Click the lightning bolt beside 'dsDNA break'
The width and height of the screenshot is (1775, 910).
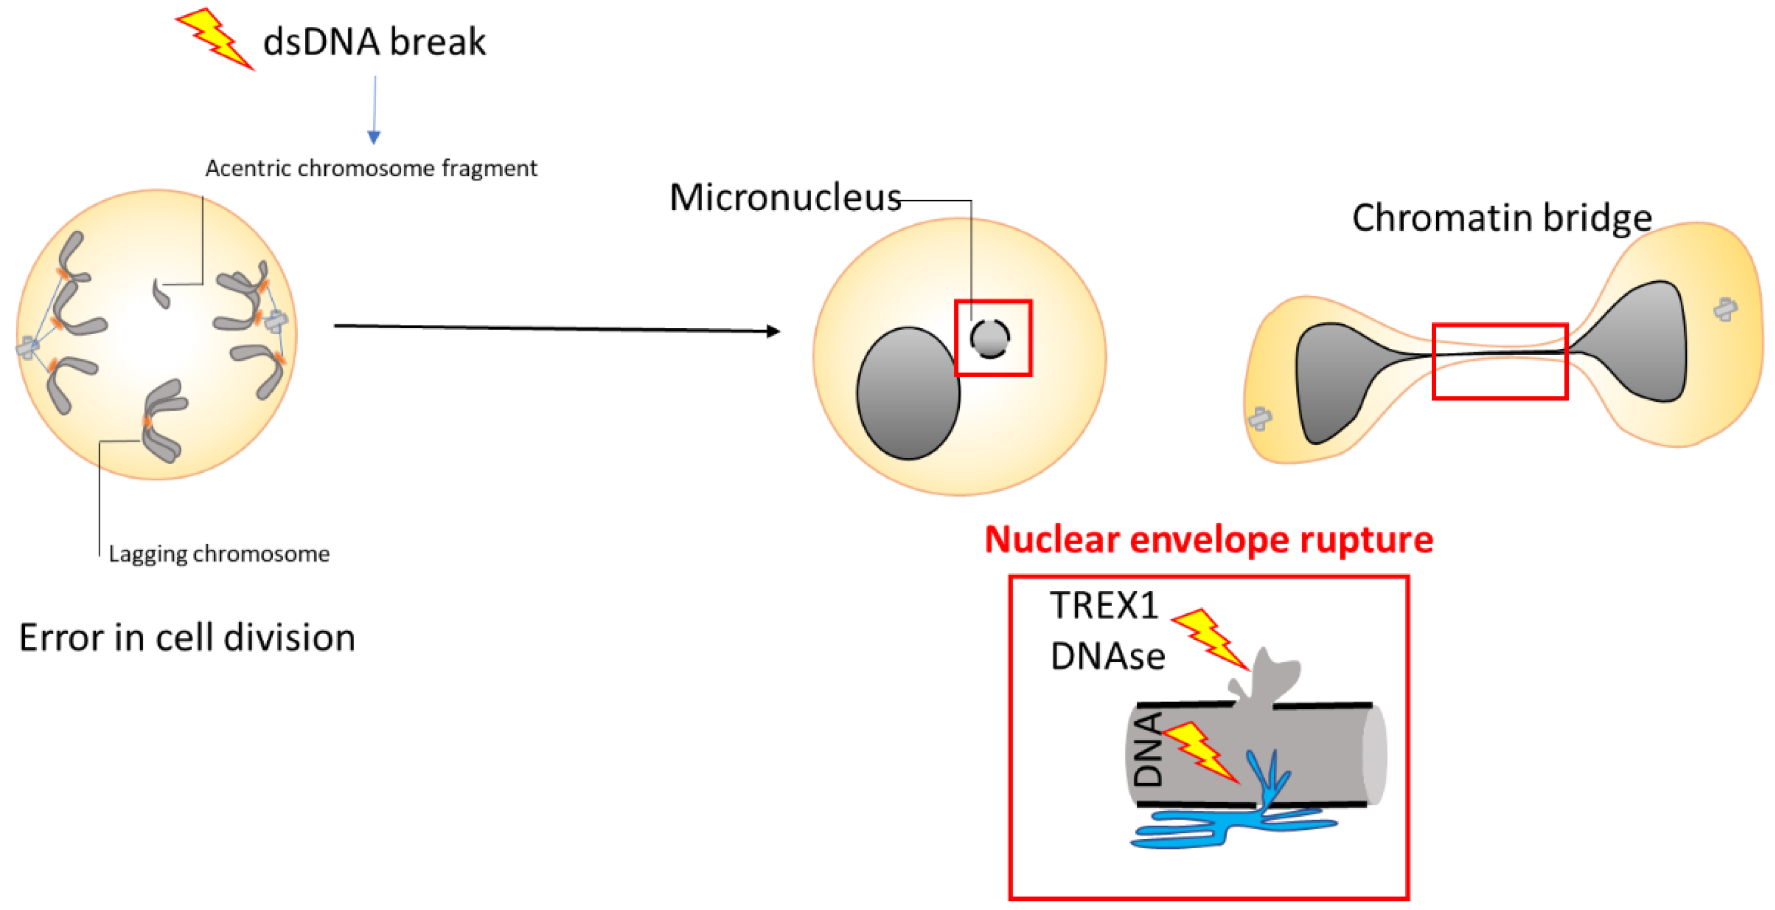point(215,38)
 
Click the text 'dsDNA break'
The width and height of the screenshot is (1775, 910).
point(374,41)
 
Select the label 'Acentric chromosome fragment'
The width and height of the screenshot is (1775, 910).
point(371,168)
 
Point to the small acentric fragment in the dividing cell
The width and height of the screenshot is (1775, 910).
point(161,295)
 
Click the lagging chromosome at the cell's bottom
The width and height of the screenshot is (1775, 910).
point(162,420)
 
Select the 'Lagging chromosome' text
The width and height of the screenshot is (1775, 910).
point(219,554)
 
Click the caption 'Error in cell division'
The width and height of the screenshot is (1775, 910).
point(187,638)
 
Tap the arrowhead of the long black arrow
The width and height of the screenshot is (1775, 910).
point(773,331)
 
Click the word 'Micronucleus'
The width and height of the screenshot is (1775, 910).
point(785,198)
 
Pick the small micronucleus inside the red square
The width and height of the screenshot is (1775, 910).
point(990,339)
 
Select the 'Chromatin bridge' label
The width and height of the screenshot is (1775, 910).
point(1502,218)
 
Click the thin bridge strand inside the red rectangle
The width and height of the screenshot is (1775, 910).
point(1499,354)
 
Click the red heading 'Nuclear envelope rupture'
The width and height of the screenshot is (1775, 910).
point(1209,539)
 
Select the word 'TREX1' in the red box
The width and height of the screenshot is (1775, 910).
point(1103,606)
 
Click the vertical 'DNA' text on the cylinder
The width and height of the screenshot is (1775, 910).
point(1148,750)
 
